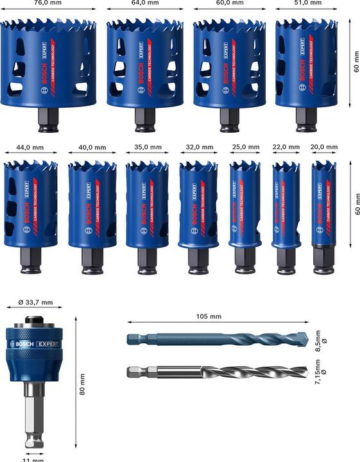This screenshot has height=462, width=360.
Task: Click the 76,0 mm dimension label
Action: (x=50, y=3)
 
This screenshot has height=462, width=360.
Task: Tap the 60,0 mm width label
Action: (x=229, y=3)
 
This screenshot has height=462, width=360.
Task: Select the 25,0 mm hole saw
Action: (x=244, y=202)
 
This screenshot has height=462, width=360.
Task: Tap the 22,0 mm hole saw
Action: (x=285, y=202)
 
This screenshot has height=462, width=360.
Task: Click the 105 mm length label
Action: (x=208, y=316)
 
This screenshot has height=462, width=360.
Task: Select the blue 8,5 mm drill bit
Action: (x=212, y=340)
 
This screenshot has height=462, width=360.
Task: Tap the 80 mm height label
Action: (x=81, y=386)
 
